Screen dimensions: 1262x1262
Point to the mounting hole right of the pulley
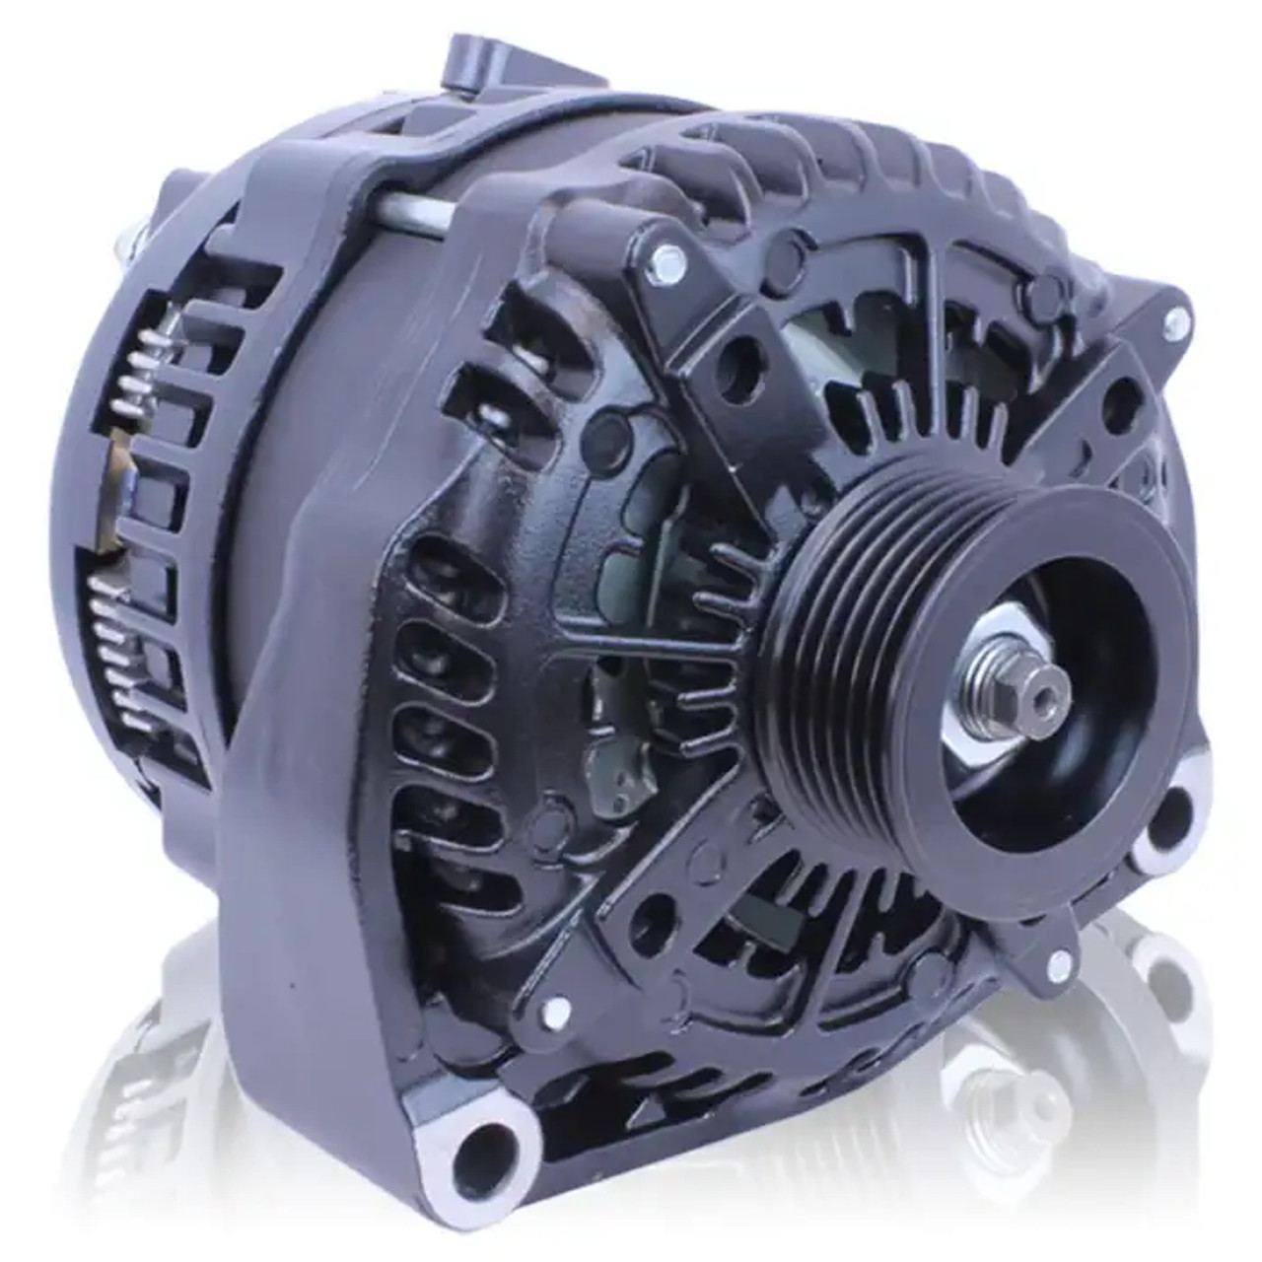pyautogui.click(x=1170, y=814)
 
